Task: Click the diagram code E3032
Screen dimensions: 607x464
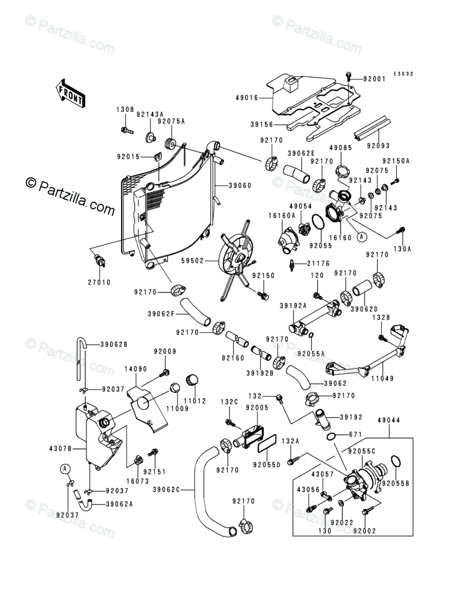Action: [x=403, y=74]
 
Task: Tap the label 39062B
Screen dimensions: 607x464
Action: [x=114, y=344]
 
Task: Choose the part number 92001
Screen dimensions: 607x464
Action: [x=375, y=79]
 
